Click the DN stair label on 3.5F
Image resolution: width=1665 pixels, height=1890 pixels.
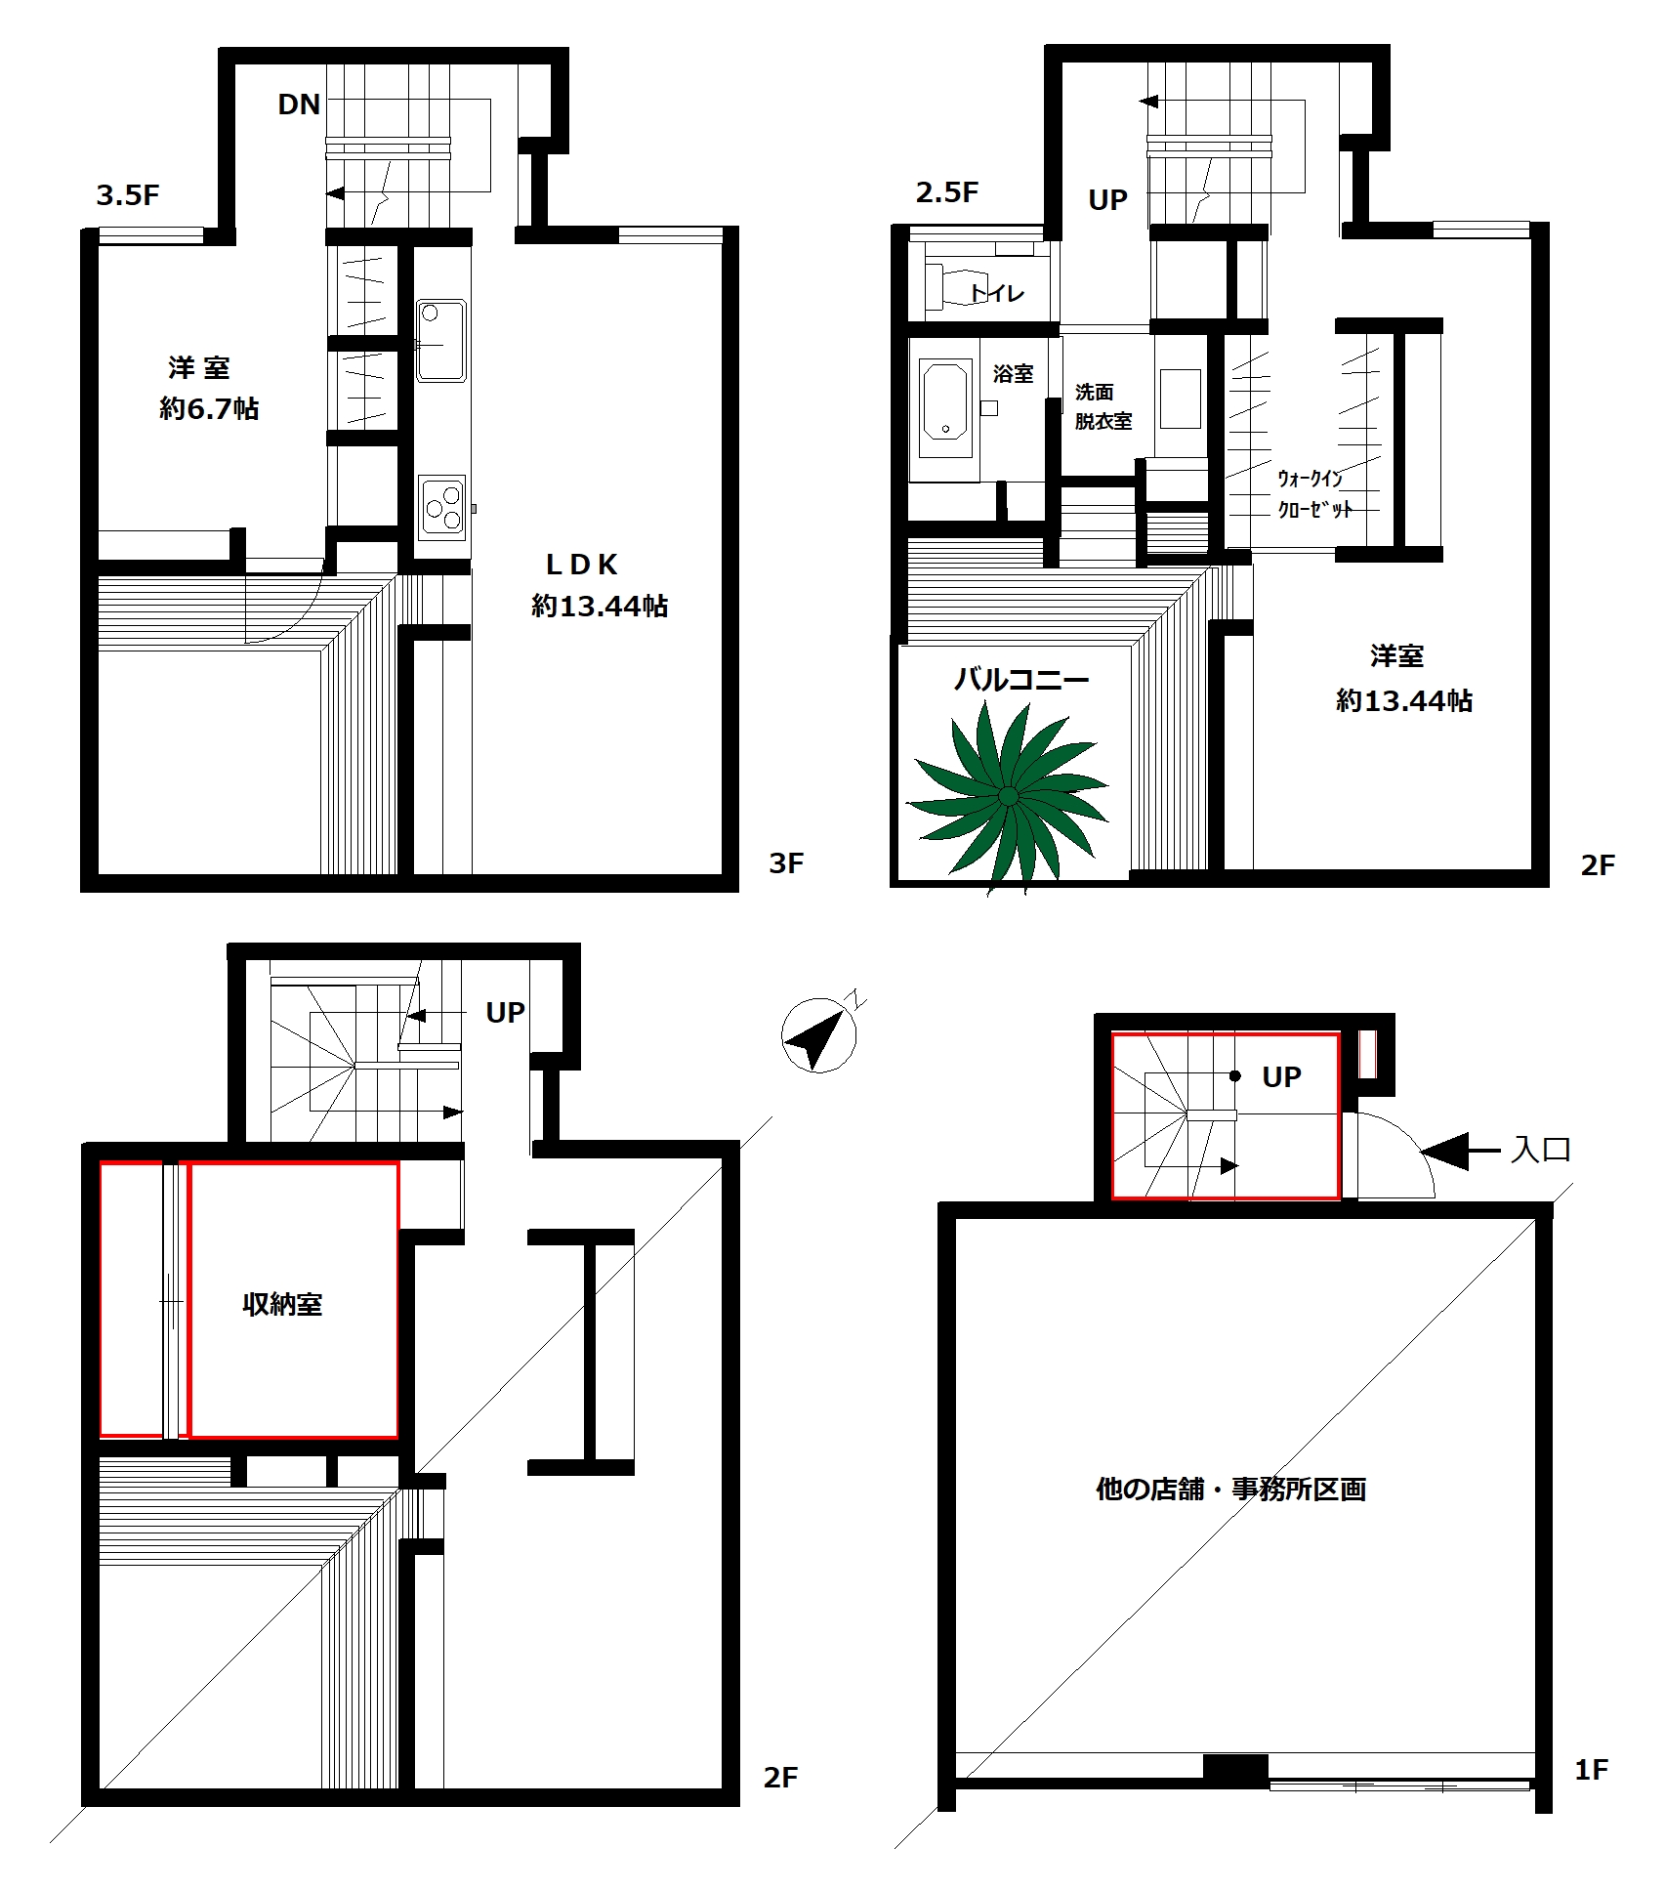coord(299,105)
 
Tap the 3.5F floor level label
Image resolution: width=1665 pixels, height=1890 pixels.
coord(127,195)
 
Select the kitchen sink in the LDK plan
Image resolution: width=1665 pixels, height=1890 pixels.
coord(441,340)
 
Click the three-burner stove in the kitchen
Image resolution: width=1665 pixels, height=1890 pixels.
coord(441,507)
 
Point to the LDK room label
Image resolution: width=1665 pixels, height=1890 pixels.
coord(582,565)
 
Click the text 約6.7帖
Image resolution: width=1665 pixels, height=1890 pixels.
coord(209,408)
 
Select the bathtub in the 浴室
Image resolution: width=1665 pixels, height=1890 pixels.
coord(945,401)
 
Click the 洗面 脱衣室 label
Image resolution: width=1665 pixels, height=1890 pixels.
coord(1103,406)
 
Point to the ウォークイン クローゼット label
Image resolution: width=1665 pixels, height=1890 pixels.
coord(1314,493)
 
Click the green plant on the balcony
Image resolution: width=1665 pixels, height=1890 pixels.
coord(1009,797)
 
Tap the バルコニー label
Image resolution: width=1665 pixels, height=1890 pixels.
coord(1021,679)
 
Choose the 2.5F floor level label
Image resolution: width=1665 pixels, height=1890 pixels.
coord(946,192)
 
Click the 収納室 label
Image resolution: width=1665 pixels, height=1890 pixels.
coord(282,1304)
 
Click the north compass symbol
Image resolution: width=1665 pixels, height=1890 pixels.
coord(820,1033)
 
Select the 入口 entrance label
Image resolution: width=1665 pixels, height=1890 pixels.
coord(1541,1150)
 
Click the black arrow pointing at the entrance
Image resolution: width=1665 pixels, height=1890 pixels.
coord(1460,1152)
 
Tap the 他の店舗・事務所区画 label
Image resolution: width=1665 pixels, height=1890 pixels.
coord(1230,1490)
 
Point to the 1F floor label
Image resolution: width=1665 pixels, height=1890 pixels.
coord(1591,1770)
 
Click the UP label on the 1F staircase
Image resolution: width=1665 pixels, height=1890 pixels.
coord(1281,1076)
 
